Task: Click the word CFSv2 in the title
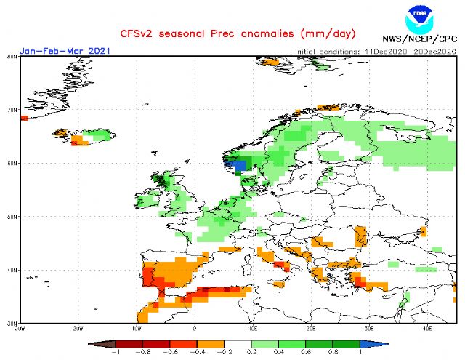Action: (136, 34)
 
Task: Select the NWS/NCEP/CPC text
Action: (419, 38)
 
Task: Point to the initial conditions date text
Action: (375, 52)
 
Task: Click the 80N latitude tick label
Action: (12, 57)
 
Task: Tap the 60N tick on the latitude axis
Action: (12, 164)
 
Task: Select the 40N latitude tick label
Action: (12, 270)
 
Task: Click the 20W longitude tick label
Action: (78, 328)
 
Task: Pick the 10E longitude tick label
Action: (253, 328)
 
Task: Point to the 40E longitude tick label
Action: (426, 328)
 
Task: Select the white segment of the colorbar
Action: (238, 342)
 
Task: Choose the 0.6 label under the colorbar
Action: (306, 352)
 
